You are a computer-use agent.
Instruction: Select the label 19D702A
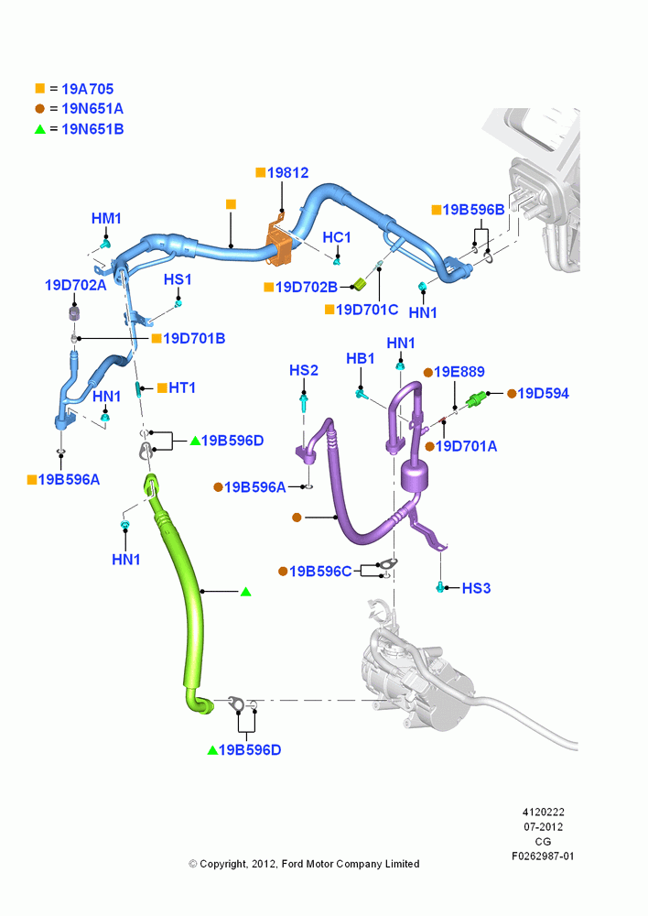[x=76, y=285]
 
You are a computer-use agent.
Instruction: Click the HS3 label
[x=476, y=588]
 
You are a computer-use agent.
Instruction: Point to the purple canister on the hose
[x=416, y=474]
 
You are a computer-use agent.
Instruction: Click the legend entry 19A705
[x=88, y=89]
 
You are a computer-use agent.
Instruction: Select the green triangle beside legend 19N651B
[x=39, y=129]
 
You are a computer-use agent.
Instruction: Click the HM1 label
[x=106, y=219]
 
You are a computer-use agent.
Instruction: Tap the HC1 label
[x=337, y=237]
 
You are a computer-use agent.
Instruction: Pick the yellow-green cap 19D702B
[x=361, y=285]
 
